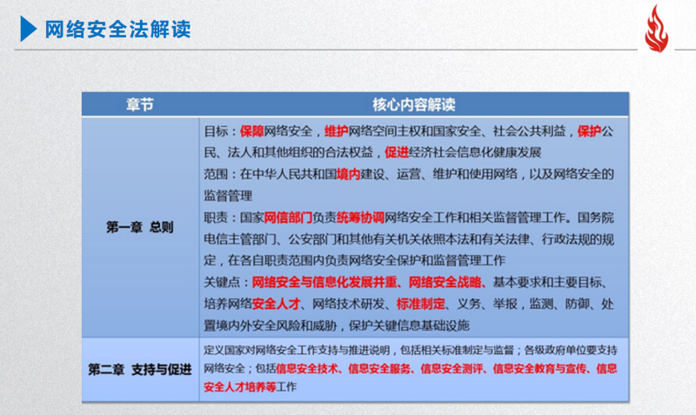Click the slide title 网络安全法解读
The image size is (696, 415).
[x=117, y=30]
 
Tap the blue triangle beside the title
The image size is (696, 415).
[x=29, y=29]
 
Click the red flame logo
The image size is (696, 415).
[x=657, y=29]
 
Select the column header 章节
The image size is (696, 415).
[x=140, y=104]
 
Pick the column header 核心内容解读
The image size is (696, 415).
[x=414, y=104]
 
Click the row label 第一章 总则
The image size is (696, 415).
[x=140, y=227]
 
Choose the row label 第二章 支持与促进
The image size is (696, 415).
[x=140, y=369]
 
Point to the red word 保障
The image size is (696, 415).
[x=251, y=131]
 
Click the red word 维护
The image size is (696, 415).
[x=336, y=131]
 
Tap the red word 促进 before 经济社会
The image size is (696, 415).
[x=397, y=152]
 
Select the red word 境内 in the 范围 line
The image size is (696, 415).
[x=348, y=174]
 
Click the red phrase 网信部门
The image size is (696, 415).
[x=288, y=218]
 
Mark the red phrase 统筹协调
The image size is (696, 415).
[x=360, y=218]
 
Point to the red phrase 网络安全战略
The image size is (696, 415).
[x=445, y=282]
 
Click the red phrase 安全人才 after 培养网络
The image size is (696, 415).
[x=276, y=304]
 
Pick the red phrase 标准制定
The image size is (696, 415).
[x=420, y=304]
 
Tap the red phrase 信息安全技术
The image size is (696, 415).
[x=307, y=369]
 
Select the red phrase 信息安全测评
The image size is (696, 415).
[x=452, y=369]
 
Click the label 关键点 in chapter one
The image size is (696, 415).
[x=222, y=282]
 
